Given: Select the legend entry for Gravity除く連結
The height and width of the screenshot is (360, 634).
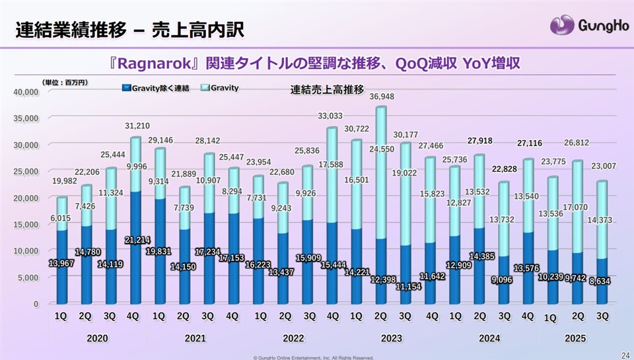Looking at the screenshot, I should pos(157,87).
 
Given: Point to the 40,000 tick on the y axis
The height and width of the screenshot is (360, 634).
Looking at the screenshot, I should pos(26,92).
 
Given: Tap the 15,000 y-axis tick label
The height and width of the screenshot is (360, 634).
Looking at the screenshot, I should pos(26,225).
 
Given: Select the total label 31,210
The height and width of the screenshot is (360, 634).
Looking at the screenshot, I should pos(135,126).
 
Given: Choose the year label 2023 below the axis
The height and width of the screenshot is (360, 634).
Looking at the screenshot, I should pos(392,338).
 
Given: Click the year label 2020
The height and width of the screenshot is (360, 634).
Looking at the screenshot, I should pos(98,338).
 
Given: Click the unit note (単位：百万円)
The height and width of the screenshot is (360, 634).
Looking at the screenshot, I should pos(65,83).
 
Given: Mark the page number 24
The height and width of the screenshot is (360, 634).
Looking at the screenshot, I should pos(624,354).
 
